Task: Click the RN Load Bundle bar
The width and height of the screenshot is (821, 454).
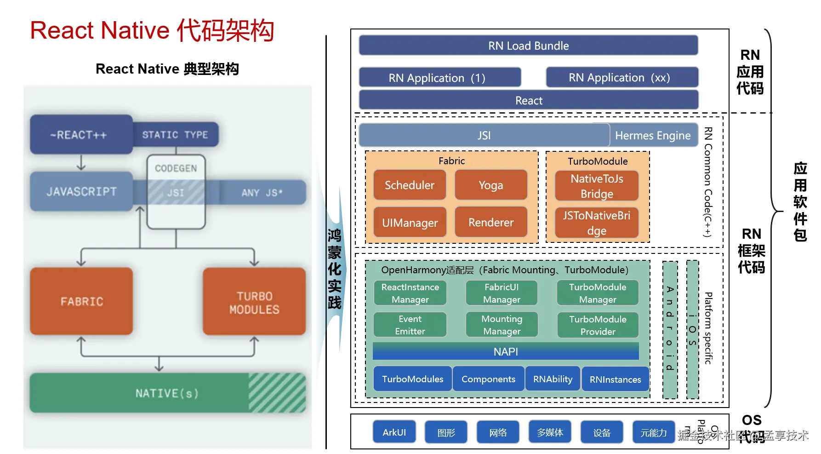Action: [528, 46]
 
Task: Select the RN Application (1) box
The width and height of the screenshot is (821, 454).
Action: [439, 78]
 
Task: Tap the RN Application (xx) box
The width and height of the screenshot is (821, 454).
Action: [621, 77]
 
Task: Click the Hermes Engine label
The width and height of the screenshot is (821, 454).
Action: [653, 136]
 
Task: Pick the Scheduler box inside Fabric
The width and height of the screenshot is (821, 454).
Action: [410, 185]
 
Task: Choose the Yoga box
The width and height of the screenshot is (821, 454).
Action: [490, 185]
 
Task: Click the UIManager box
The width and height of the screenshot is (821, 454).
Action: [410, 223]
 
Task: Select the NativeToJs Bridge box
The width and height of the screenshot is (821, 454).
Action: [597, 186]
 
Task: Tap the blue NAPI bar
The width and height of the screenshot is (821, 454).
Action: [506, 351]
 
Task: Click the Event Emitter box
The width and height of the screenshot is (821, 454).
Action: [410, 325]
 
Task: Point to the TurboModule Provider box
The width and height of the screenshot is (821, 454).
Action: [598, 325]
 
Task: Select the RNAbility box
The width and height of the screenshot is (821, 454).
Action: [553, 379]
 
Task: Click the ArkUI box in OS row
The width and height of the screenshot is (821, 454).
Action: [394, 432]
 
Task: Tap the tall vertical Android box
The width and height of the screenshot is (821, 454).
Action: [670, 329]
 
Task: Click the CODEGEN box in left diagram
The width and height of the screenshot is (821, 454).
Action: [176, 168]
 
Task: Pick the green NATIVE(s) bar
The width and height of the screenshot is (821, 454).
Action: [167, 393]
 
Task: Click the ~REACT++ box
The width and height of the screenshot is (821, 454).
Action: [81, 135]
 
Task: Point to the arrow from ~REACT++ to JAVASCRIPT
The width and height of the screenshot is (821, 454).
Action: [81, 162]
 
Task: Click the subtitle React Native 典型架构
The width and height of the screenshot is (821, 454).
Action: [167, 69]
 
